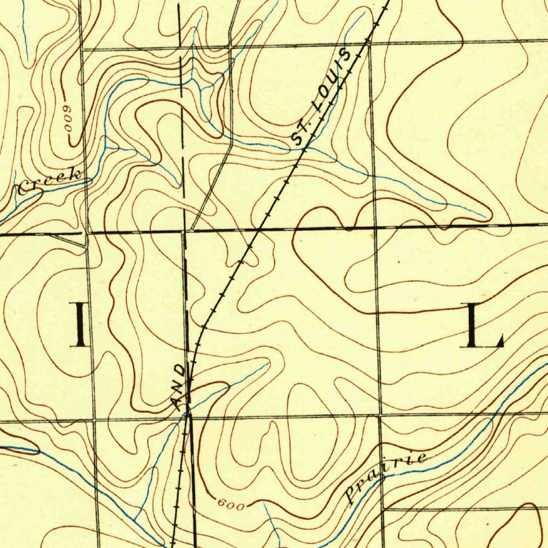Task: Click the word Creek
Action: (x=49, y=182)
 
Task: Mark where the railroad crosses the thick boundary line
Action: (x=260, y=230)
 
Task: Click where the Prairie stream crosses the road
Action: (x=382, y=478)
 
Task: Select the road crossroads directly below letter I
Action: (x=95, y=420)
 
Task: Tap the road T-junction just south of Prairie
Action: (x=383, y=508)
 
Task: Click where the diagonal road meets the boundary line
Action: (x=192, y=231)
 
